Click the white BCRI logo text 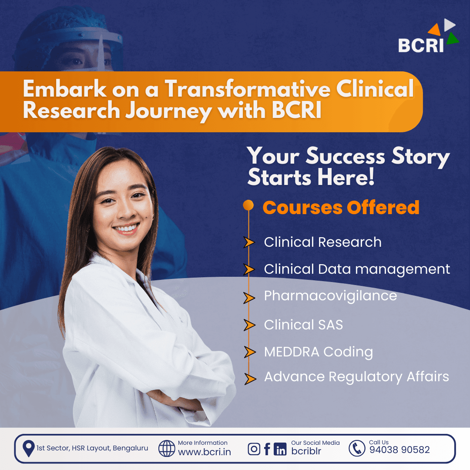coord(421,45)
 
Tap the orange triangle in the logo coord(435,30)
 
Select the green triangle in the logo coord(453,39)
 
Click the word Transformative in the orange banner coord(248,89)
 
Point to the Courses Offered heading coord(341,207)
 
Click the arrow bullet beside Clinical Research coord(249,242)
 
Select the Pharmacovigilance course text coord(330,296)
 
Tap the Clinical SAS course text coord(303,325)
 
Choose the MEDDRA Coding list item coord(318,352)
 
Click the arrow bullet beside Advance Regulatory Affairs coord(250,379)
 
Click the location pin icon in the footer coord(28,449)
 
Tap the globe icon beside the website coord(167,448)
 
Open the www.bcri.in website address coord(205,452)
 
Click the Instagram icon coord(254,449)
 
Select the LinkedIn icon coord(280,449)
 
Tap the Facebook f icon coord(267,449)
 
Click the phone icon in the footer coord(357,448)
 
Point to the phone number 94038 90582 coord(399,450)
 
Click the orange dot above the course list coord(248,205)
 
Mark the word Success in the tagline coord(345,156)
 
